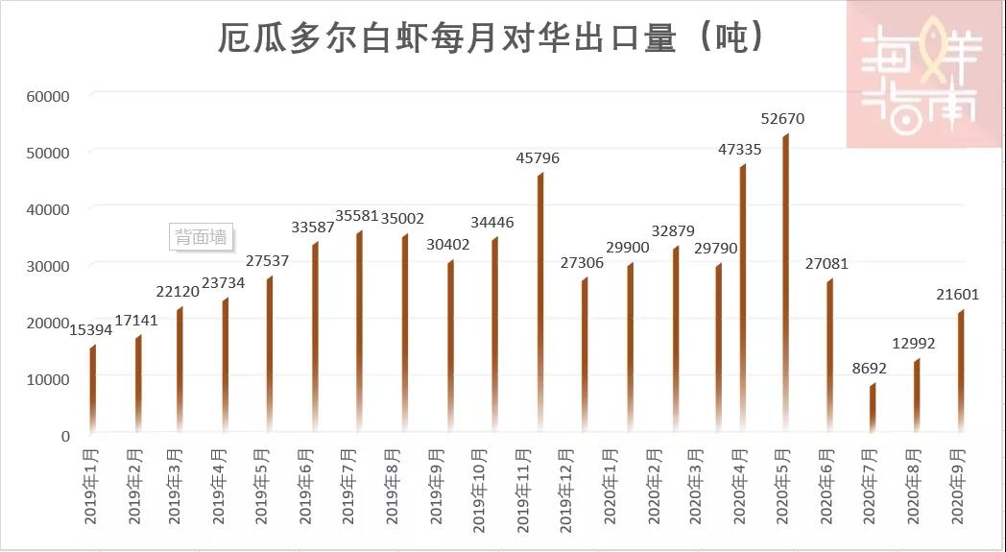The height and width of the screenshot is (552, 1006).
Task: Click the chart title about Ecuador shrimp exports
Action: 491,37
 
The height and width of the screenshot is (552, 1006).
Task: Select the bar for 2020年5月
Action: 785,283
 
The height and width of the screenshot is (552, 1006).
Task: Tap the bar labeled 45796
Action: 540,302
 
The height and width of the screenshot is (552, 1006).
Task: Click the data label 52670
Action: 782,119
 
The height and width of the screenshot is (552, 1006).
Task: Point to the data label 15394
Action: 90,330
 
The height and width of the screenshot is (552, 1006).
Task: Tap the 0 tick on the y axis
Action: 65,436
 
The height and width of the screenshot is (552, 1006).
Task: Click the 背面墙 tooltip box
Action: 202,236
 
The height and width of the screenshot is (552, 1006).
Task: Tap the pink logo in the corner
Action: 925,74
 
